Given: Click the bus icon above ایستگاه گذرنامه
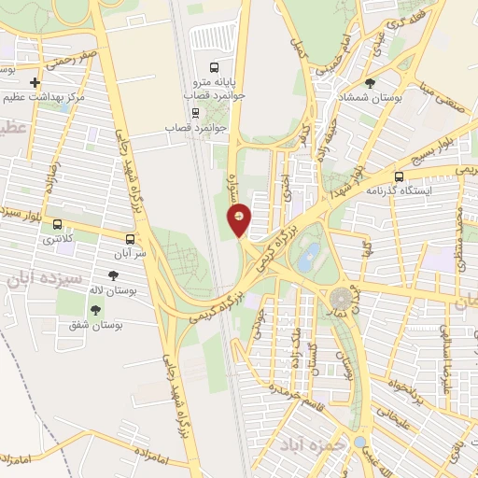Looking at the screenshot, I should [400, 176].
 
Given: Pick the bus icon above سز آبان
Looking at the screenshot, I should [130, 238].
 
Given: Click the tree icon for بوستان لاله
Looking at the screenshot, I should [114, 275].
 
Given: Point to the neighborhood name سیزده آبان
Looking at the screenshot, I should [44, 277].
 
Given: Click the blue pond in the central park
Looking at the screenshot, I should [310, 253].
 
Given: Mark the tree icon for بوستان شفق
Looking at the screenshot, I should [93, 309].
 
